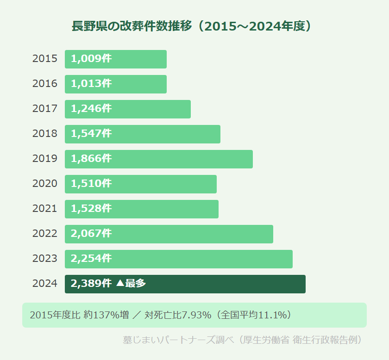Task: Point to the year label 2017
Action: [x=45, y=109]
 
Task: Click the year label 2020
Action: [x=45, y=184]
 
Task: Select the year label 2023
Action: [x=45, y=259]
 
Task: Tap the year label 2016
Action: [x=45, y=84]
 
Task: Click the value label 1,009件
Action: [x=91, y=59]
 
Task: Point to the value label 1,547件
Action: [x=91, y=134]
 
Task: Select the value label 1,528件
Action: [x=91, y=209]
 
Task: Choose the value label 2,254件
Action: [x=91, y=259]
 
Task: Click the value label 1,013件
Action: [x=91, y=84]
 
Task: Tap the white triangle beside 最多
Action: [x=119, y=284]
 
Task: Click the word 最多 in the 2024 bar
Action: [x=136, y=284]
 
